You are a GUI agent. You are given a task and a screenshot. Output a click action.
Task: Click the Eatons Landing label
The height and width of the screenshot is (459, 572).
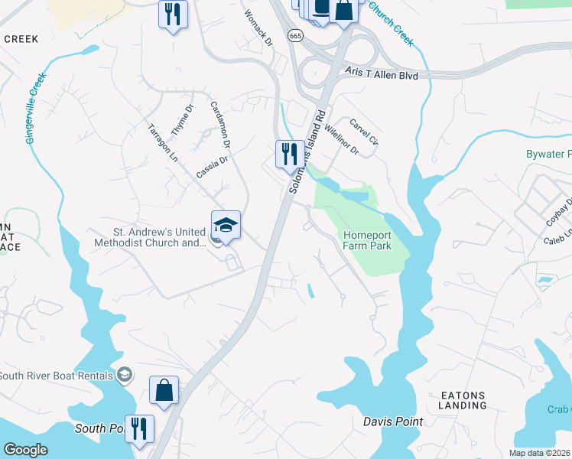[463, 400]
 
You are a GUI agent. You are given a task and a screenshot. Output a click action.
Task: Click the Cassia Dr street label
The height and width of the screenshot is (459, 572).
[212, 167]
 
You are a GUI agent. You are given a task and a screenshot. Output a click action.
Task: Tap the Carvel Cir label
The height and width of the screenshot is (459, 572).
[363, 131]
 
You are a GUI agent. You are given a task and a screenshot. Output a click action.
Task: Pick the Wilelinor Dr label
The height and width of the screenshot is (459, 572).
[341, 138]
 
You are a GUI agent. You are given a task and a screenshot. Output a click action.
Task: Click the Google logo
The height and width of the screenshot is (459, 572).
[25, 450]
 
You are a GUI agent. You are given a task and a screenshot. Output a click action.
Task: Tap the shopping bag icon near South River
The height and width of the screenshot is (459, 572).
[164, 390]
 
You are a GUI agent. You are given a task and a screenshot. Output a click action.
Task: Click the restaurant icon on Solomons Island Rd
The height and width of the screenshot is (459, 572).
[288, 154]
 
